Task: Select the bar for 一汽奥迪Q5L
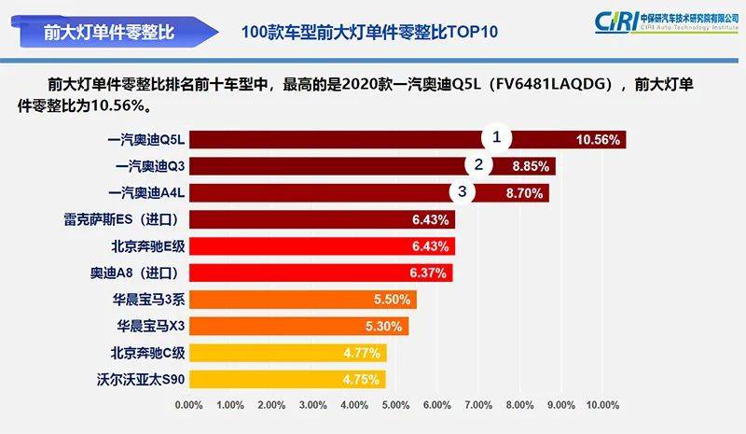406,140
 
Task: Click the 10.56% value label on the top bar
598,140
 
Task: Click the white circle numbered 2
478,165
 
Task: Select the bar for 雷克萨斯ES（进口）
322,220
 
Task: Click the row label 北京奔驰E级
148,247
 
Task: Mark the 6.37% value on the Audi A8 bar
430,274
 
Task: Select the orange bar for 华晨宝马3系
302,301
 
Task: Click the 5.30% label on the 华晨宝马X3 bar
386,328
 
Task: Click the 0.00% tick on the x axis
189,405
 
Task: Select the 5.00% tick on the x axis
395,405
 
